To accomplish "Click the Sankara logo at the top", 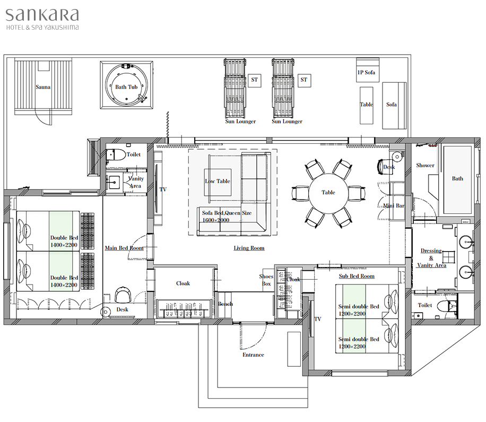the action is [x=42, y=19].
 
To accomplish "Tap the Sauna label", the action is [x=43, y=87].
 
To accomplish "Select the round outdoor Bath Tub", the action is [x=126, y=84].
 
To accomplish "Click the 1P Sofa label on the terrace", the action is [x=366, y=72].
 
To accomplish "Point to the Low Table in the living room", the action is [x=218, y=182].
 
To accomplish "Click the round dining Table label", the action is [x=328, y=193].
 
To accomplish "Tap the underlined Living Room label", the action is [x=249, y=248].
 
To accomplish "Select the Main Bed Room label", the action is [x=124, y=248].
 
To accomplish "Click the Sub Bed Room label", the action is [x=357, y=276].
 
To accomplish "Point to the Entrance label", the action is [x=253, y=355].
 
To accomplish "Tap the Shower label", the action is [x=425, y=166].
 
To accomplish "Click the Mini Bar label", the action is [x=394, y=206].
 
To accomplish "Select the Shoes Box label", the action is [x=266, y=280].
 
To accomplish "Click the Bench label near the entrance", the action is [x=225, y=304].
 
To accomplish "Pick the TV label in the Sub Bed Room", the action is [x=318, y=319].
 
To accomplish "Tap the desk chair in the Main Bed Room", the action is [x=124, y=295].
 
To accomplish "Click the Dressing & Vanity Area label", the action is [x=431, y=258].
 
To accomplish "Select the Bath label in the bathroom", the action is [x=457, y=178].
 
